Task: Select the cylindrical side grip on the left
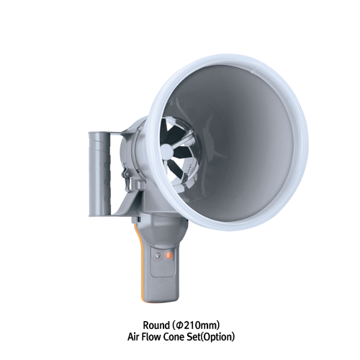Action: point(98,170)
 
